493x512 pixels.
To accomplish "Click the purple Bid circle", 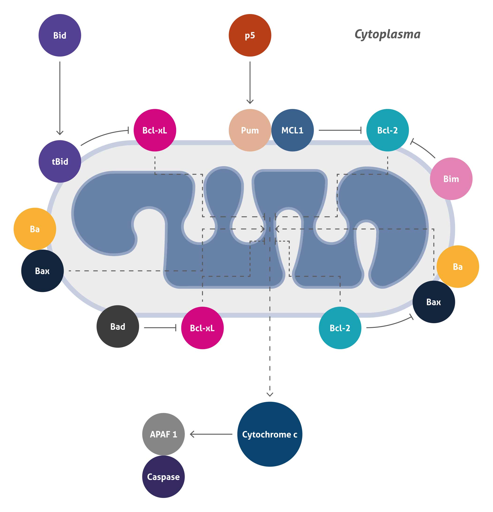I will [60, 35].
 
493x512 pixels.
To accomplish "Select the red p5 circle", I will [250, 35].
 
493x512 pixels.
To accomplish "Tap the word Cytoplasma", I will [387, 34].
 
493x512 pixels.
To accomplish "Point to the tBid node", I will [60, 161].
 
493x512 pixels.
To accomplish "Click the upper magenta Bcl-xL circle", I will [155, 130].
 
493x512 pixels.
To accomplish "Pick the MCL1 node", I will [293, 130].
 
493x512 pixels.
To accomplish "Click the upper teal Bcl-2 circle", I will [387, 130].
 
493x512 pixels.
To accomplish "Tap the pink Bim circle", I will [451, 179].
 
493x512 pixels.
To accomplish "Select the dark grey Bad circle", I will [118, 326].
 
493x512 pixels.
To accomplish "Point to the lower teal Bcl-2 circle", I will [340, 328].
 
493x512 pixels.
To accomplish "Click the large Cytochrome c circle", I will [269, 434].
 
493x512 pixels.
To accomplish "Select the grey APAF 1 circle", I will [163, 434].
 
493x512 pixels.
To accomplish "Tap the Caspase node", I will [163, 477].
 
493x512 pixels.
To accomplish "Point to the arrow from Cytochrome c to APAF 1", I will [211, 434].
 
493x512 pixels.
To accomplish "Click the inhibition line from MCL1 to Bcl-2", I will [340, 130].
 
